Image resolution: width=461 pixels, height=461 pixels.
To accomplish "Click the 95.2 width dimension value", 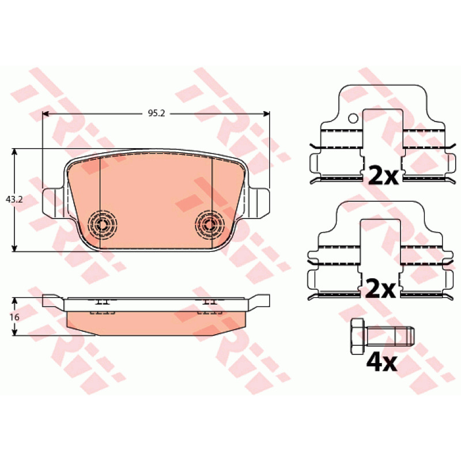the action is pos(156,113).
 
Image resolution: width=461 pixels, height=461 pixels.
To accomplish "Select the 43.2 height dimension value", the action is pos(14,199).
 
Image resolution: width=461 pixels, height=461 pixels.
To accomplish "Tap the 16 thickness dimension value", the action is pos(14,318).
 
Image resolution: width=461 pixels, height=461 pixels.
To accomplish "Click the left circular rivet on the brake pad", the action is pos(103,225).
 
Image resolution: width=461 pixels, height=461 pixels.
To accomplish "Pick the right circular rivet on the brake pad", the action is pos(210,225).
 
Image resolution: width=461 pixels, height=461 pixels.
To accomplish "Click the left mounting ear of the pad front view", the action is pos(53,202).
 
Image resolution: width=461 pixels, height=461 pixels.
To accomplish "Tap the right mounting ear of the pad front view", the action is pos(259,202).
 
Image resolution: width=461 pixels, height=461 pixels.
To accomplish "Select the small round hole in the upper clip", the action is pos(353,119).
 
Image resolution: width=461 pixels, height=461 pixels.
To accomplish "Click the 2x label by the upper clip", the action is pos(383,176).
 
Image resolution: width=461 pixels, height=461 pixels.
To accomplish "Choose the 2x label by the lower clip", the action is pos(380,289).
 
